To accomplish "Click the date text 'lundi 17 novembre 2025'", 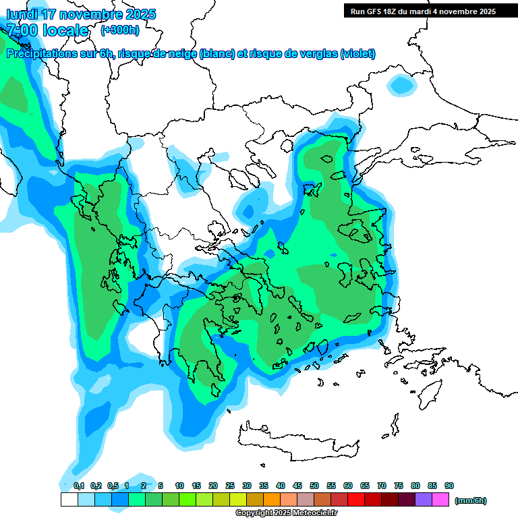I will click(81, 14).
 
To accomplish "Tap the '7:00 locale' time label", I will click(47, 30).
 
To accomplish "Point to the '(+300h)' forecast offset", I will click(119, 30).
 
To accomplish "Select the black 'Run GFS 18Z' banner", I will click(422, 11).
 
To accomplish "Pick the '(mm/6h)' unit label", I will click(470, 500).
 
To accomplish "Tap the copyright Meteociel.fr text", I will click(286, 513).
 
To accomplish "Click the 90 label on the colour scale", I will click(449, 486).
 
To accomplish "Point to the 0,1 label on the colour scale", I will click(78, 486).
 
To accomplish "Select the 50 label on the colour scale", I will click(314, 486).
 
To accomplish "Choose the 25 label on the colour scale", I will click(230, 486).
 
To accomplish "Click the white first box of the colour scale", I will click(69, 500).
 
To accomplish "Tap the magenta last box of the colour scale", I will click(440, 500).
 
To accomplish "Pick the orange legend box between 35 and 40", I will click(271, 500).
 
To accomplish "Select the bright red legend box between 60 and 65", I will click(356, 500).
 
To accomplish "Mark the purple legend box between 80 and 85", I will click(424, 500).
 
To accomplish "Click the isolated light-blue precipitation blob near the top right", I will click(402, 84).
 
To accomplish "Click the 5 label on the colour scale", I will click(161, 486).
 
